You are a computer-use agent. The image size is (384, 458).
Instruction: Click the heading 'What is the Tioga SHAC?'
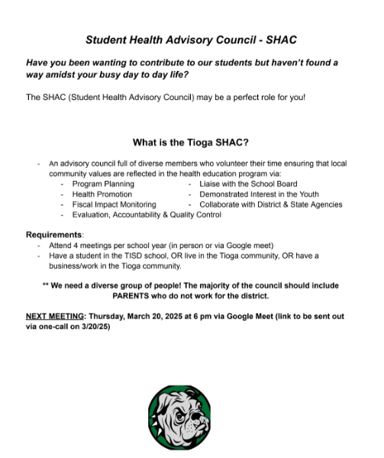pos(190,142)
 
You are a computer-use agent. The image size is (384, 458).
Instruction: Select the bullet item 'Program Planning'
pos(102,184)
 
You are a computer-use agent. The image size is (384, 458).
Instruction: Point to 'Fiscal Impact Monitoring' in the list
pos(114,205)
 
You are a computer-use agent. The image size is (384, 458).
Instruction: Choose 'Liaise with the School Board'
pos(248,184)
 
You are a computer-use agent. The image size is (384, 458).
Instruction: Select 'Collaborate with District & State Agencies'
pos(270,205)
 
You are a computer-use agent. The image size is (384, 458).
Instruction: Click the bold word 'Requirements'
pos(53,234)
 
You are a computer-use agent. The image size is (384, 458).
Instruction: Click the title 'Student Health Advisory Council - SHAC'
pos(191,38)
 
